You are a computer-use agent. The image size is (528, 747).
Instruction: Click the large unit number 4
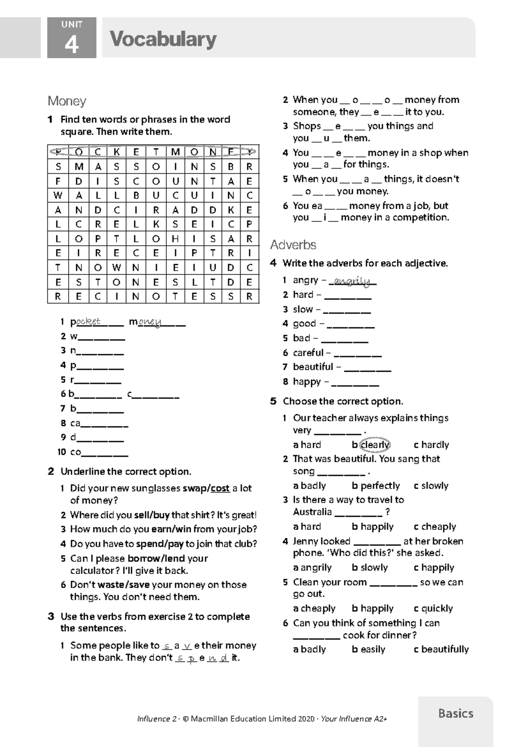coord(71,44)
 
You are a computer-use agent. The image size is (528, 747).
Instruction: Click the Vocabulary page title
coord(163,39)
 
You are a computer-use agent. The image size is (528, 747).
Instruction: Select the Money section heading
coord(67,101)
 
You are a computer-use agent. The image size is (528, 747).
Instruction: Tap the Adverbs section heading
coord(293,245)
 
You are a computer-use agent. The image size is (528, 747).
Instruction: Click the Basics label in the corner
coord(455,713)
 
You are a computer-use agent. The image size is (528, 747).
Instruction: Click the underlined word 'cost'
coord(220,488)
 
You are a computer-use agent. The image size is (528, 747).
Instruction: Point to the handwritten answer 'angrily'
coord(352,281)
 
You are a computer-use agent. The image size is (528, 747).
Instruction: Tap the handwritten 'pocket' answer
coord(88,322)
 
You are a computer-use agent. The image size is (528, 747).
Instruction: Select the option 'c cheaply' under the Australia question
coord(435,527)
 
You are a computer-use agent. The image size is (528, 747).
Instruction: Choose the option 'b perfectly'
coord(376,486)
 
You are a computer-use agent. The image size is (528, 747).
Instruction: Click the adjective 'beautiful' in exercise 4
coord(313,367)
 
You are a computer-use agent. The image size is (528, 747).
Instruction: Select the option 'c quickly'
coord(433,609)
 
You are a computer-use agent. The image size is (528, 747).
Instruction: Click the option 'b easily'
coord(368,649)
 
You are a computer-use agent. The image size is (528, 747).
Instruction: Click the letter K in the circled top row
coord(117,152)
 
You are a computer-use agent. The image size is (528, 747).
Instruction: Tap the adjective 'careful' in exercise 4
coord(308,353)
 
